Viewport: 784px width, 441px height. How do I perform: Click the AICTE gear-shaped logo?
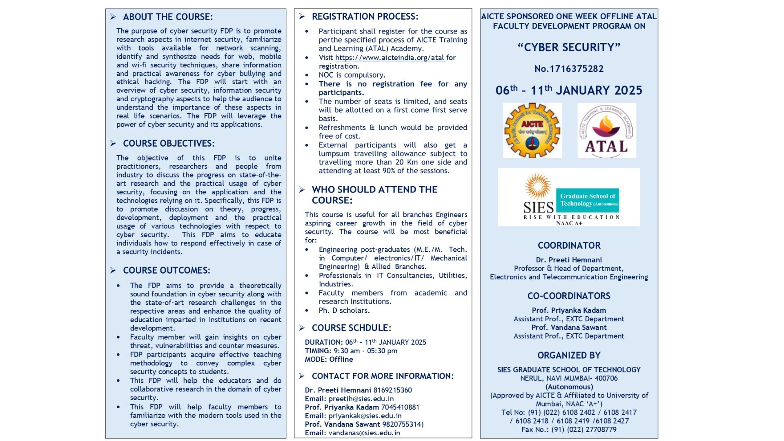pos(532,130)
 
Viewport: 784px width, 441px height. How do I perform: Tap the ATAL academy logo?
pos(606,130)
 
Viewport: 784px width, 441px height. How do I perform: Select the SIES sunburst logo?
pos(537,186)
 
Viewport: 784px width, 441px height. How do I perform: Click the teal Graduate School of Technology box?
pos(587,200)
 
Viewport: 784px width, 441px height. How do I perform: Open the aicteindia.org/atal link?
pos(390,58)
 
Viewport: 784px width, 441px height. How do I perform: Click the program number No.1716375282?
pos(569,69)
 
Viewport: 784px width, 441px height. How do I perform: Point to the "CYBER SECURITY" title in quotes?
pos(569,47)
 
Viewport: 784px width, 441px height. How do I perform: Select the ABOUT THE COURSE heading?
pos(168,17)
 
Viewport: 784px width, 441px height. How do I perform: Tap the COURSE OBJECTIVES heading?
pos(169,143)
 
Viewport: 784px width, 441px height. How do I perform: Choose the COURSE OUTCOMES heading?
pos(167,270)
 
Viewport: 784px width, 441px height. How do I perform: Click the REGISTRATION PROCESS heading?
pos(365,16)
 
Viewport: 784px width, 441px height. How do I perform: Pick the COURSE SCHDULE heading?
pos(351,328)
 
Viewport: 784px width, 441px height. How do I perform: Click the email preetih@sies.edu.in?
pos(361,399)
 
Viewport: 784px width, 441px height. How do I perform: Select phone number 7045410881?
pos(400,407)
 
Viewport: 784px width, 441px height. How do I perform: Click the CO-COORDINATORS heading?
pos(569,296)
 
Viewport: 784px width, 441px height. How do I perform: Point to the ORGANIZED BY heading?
pos(569,355)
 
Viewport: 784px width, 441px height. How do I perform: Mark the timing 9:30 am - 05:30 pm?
pos(365,351)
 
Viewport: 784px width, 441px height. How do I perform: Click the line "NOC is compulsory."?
pos(352,75)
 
